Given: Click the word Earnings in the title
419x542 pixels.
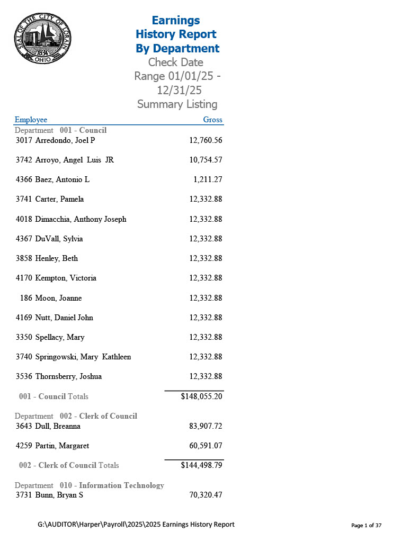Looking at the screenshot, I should (x=176, y=20).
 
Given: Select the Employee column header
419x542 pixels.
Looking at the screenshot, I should (x=31, y=120).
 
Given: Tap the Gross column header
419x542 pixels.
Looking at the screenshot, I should (x=212, y=120).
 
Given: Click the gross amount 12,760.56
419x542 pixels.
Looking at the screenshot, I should (x=206, y=140).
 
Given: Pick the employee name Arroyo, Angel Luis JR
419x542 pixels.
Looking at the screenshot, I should (x=74, y=160).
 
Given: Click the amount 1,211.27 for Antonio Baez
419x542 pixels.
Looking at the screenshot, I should (x=208, y=179).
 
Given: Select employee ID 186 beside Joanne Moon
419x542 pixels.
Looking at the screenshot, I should (x=26, y=298).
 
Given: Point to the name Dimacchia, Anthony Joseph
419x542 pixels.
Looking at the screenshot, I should (x=81, y=219).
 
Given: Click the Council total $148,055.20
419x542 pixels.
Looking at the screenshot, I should (x=201, y=396).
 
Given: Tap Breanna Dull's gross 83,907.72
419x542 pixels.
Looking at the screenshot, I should (x=206, y=426).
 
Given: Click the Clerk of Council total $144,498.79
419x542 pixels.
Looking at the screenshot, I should (x=201, y=465).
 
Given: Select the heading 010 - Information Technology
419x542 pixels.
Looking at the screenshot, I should (x=112, y=485).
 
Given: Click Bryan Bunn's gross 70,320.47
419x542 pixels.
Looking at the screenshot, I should (x=206, y=495).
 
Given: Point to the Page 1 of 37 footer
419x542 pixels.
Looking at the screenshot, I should (x=367, y=526).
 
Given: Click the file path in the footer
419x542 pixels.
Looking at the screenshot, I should (x=136, y=525).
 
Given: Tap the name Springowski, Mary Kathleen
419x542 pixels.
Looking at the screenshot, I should (x=83, y=357).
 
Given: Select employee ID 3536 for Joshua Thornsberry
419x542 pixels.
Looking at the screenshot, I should (x=24, y=377).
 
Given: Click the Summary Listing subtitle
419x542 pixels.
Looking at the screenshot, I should (x=177, y=104).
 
